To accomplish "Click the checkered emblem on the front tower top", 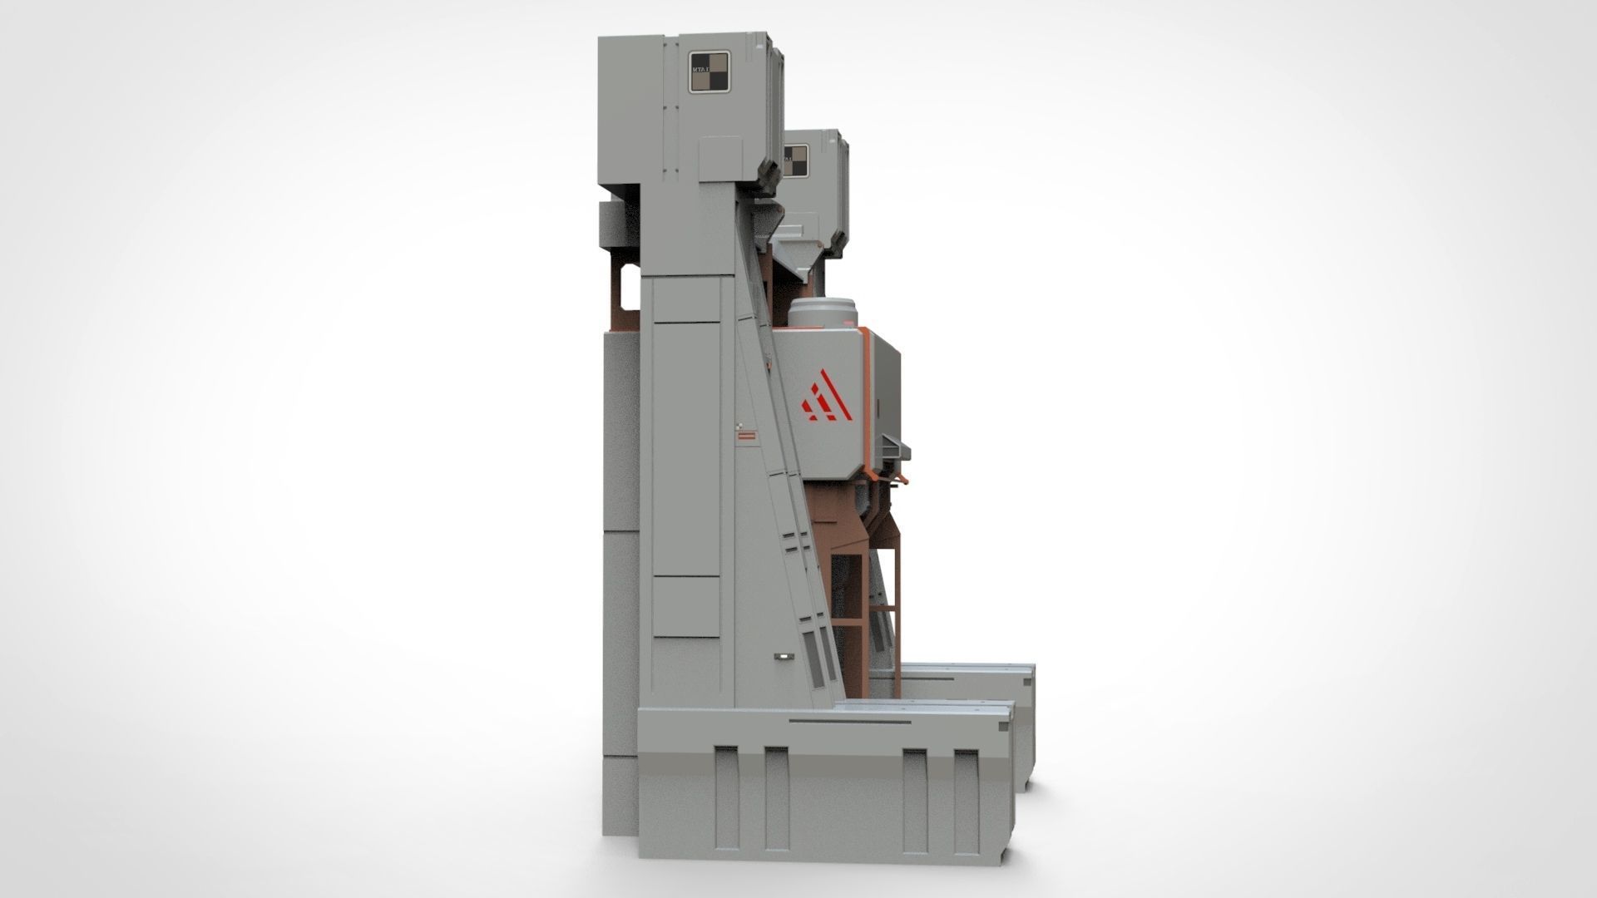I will [x=710, y=72].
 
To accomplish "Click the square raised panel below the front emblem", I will [x=719, y=159].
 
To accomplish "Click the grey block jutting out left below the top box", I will [x=615, y=222].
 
